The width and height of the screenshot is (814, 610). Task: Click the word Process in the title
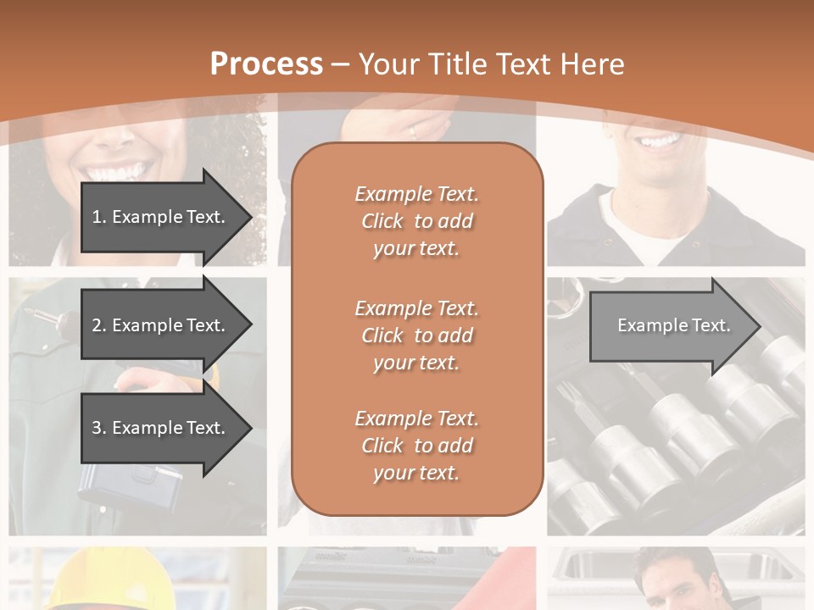(266, 64)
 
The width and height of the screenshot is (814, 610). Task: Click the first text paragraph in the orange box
(416, 221)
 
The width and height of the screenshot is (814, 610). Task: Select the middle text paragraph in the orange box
(416, 335)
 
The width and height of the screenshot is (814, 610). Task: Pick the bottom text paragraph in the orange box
(416, 446)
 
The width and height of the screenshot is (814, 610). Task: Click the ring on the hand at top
(413, 131)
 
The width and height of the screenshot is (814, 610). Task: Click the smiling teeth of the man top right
(660, 141)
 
